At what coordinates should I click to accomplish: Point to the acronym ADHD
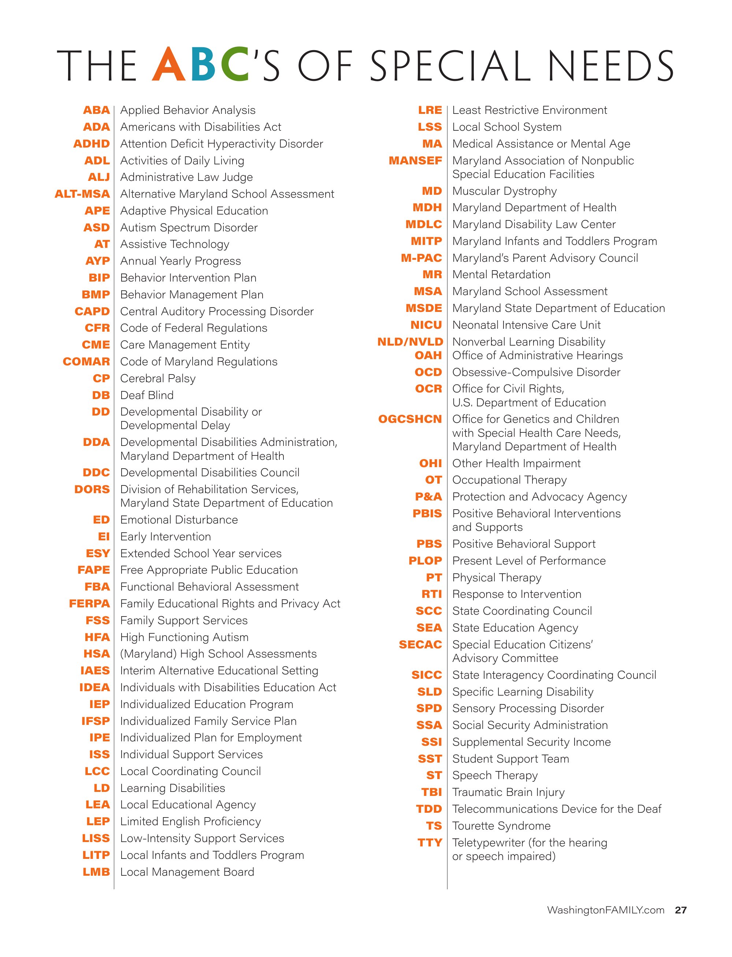coord(92,144)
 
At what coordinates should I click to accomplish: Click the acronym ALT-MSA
coord(82,194)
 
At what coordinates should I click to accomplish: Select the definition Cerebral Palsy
coord(158,378)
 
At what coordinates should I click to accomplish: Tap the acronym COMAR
coord(86,362)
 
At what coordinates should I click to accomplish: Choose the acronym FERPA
coord(89,604)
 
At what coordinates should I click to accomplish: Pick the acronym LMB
coord(96,872)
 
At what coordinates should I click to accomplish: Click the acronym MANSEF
coord(415,161)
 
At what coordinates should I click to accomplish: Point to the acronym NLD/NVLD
coord(410,342)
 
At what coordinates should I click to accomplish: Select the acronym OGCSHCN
coord(410,419)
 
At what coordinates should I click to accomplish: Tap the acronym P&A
coord(428,496)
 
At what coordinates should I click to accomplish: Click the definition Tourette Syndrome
coord(501,826)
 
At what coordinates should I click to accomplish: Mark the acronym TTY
coord(430,843)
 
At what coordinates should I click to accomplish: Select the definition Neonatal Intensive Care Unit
coord(526,325)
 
